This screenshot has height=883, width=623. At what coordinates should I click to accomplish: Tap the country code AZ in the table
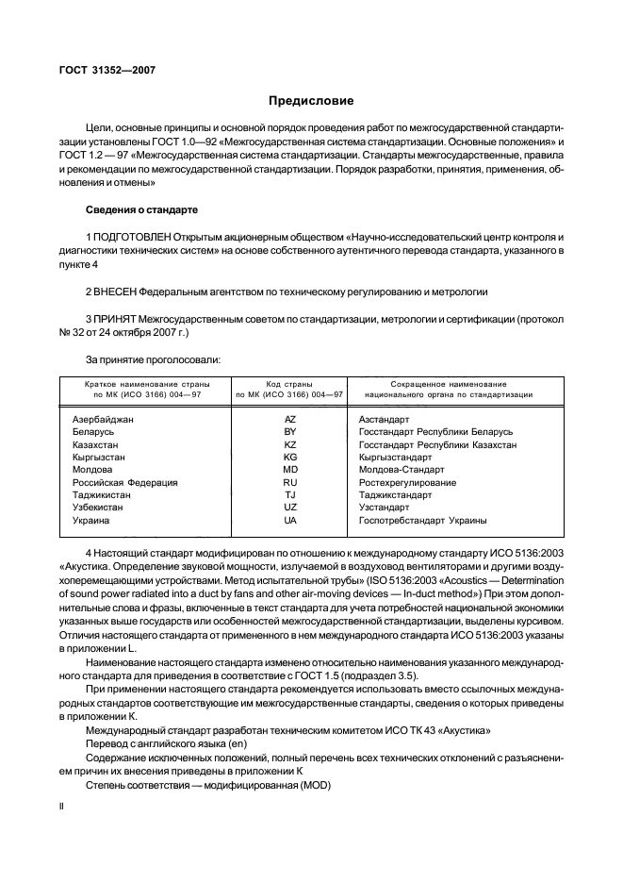290,418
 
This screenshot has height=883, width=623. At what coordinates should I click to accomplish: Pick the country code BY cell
290,431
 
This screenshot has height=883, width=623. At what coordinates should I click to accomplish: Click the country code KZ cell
290,443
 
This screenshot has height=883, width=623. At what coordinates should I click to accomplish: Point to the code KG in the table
290,457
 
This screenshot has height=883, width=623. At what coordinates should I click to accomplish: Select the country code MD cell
290,469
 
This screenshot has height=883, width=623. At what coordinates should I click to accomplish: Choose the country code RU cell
290,482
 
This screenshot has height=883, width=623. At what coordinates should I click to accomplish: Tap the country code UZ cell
290,508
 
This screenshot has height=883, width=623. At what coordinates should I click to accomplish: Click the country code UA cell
290,520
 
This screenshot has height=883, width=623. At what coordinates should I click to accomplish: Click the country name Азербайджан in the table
103,418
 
